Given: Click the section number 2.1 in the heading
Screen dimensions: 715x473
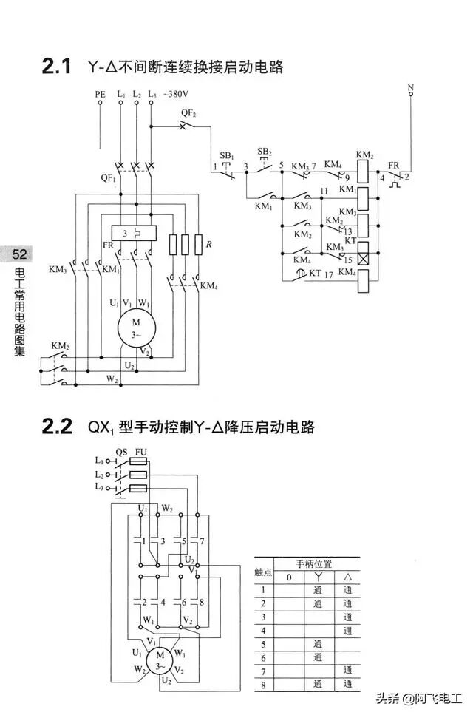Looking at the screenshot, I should click(56, 67).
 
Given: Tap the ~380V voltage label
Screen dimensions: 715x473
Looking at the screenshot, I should click(177, 95).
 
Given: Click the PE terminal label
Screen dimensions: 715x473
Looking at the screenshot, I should click(101, 95).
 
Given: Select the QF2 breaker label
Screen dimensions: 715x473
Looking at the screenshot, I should click(188, 113).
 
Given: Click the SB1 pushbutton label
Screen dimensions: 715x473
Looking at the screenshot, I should click(226, 156).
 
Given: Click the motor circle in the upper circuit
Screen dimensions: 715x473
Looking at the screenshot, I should click(135, 326).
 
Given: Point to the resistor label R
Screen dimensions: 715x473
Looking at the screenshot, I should click(209, 243).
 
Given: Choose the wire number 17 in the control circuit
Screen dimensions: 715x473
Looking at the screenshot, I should click(328, 274).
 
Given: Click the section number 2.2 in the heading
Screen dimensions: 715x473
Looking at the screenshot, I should click(56, 427).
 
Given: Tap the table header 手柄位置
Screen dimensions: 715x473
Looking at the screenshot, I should click(313, 562).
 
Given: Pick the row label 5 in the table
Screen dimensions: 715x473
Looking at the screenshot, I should click(264, 644).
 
